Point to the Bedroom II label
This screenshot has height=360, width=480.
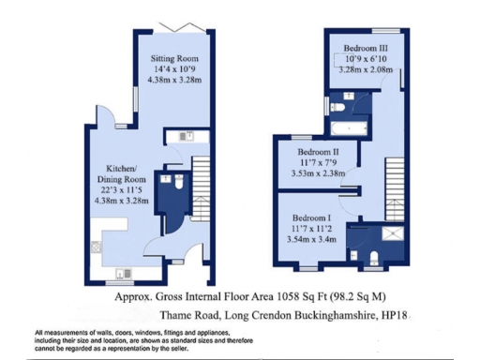pyautogui.click(x=318, y=151)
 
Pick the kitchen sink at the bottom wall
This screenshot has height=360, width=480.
pyautogui.click(x=122, y=273)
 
